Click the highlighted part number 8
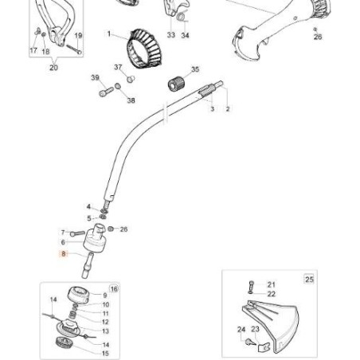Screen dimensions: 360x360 coord(65,254)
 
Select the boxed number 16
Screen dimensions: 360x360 coord(114,288)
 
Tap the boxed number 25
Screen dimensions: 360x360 coord(309,279)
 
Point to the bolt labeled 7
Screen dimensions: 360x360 coord(76,233)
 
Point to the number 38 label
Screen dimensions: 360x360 coord(131,101)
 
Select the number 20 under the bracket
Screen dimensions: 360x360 coord(53,68)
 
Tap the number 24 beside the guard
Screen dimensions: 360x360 coord(241,328)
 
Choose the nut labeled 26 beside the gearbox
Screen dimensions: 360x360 coord(112,229)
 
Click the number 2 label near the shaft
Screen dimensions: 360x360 coord(228,108)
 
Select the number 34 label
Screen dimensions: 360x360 coord(186,36)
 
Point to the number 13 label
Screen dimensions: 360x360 coord(106,331)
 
